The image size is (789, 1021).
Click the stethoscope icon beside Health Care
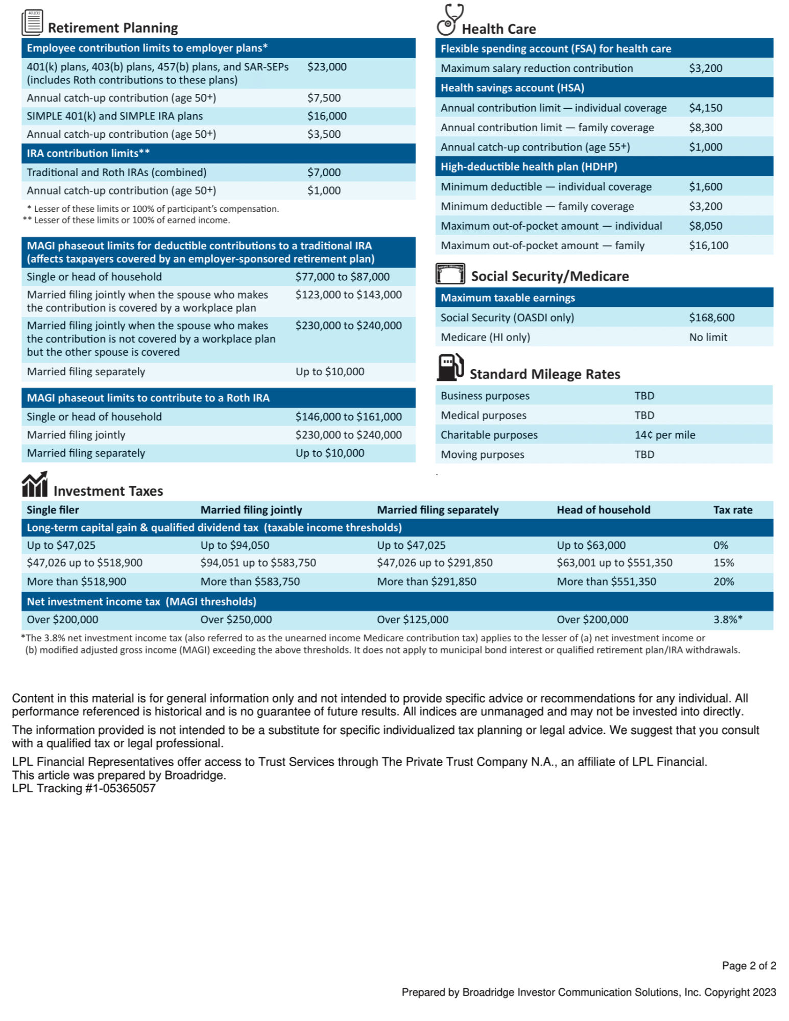(449, 19)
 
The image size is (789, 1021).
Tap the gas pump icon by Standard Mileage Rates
(450, 367)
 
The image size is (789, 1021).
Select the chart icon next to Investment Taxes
(35, 484)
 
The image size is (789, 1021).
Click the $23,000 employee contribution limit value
(327, 67)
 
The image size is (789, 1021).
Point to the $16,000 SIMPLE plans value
(327, 116)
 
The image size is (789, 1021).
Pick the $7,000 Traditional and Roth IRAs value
(324, 173)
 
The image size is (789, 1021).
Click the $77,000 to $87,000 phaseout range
(342, 277)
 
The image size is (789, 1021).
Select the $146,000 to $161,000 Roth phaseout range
(348, 417)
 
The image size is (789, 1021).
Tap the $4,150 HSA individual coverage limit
(705, 108)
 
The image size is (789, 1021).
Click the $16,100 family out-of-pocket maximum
(708, 246)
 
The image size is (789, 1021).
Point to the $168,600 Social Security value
(711, 318)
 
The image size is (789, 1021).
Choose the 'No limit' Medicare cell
(708, 337)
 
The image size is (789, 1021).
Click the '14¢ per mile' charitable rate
(664, 435)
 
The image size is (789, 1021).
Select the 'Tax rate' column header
(732, 510)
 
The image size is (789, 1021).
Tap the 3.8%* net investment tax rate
(728, 620)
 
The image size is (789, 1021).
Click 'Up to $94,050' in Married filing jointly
(235, 545)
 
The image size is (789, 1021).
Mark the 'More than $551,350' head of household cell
(606, 581)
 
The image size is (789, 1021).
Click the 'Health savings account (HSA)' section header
(512, 88)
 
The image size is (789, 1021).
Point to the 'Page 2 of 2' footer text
(749, 966)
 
